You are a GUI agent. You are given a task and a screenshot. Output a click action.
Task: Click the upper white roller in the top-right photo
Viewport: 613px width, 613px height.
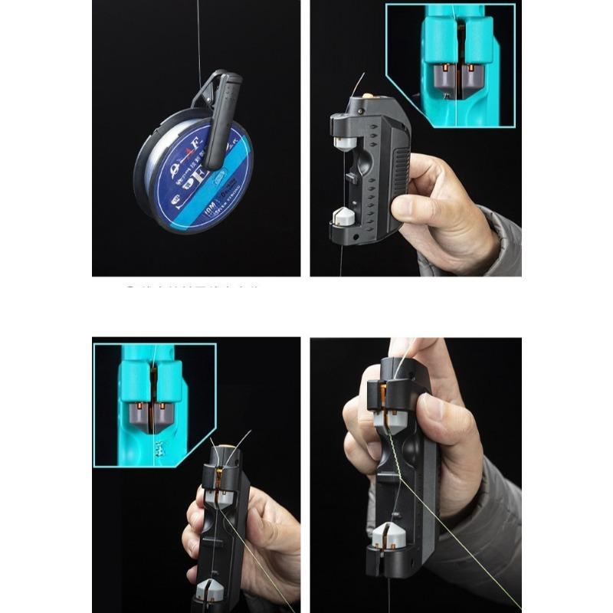pyautogui.click(x=346, y=143)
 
